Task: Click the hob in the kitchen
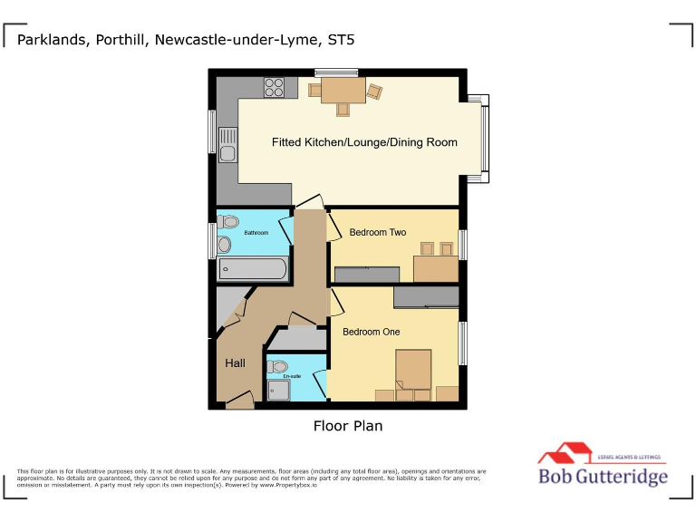[274, 87]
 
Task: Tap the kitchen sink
[227, 146]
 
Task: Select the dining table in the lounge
[343, 90]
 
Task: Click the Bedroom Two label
[378, 232]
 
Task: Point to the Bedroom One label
[371, 332]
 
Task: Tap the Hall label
[235, 363]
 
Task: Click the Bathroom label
[256, 233]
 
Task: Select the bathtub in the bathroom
[253, 269]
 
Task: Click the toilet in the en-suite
[277, 367]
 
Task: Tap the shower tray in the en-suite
[278, 389]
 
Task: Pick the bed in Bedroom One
[413, 372]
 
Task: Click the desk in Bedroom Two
[436, 268]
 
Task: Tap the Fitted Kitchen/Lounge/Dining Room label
[364, 142]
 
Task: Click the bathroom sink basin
[224, 244]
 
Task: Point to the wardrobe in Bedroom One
[426, 297]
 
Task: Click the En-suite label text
[292, 376]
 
